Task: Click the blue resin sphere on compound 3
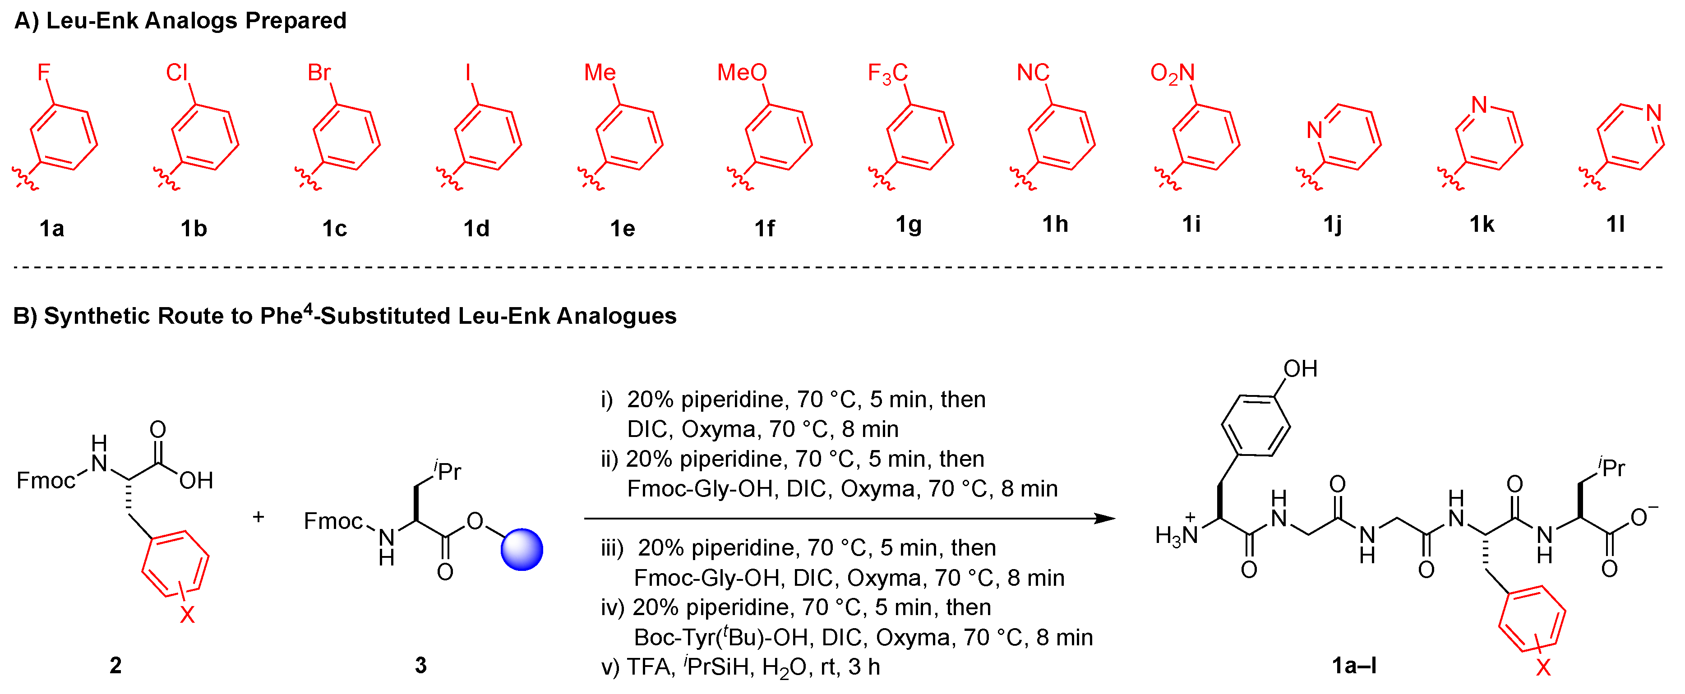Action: click(x=522, y=549)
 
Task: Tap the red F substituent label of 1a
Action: click(x=43, y=72)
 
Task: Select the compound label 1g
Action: click(x=909, y=225)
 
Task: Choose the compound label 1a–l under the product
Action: click(x=1354, y=665)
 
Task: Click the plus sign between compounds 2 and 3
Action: click(x=259, y=517)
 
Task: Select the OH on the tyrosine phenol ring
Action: click(x=1300, y=369)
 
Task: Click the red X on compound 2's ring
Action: click(x=187, y=614)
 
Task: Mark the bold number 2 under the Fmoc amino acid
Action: click(x=116, y=665)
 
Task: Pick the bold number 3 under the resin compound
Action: click(x=420, y=665)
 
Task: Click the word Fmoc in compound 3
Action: click(x=333, y=521)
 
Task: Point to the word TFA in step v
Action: click(x=650, y=666)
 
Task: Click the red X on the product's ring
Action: click(x=1543, y=667)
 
